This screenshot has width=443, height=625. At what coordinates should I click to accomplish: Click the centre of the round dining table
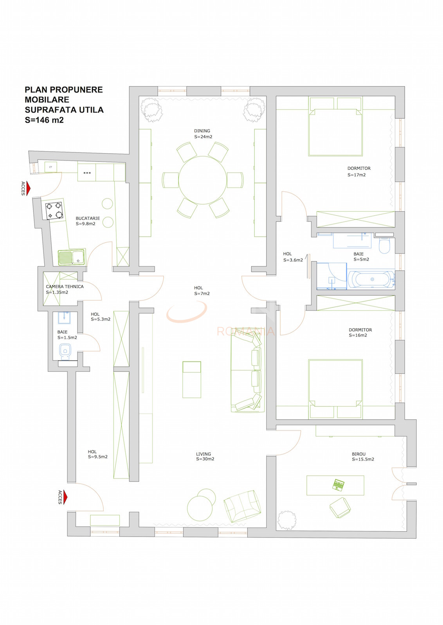tap(203, 180)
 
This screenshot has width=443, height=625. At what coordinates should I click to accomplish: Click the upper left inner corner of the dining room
tap(139, 96)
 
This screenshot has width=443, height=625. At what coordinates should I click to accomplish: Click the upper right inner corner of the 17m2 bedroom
tap(395, 96)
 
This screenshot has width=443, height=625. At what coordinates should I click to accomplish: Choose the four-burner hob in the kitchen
tap(54, 211)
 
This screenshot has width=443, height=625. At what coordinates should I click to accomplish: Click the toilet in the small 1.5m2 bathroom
tap(65, 352)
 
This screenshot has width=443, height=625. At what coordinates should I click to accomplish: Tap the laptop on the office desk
tap(339, 485)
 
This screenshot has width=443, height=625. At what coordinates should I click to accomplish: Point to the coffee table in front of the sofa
tap(192, 379)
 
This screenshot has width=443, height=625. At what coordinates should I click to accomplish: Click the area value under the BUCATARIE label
tap(86, 224)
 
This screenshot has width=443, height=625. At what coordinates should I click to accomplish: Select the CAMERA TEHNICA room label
tap(65, 287)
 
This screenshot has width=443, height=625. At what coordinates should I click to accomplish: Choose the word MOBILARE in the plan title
tap(47, 100)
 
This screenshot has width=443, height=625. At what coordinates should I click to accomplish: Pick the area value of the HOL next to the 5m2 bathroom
tap(293, 260)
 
